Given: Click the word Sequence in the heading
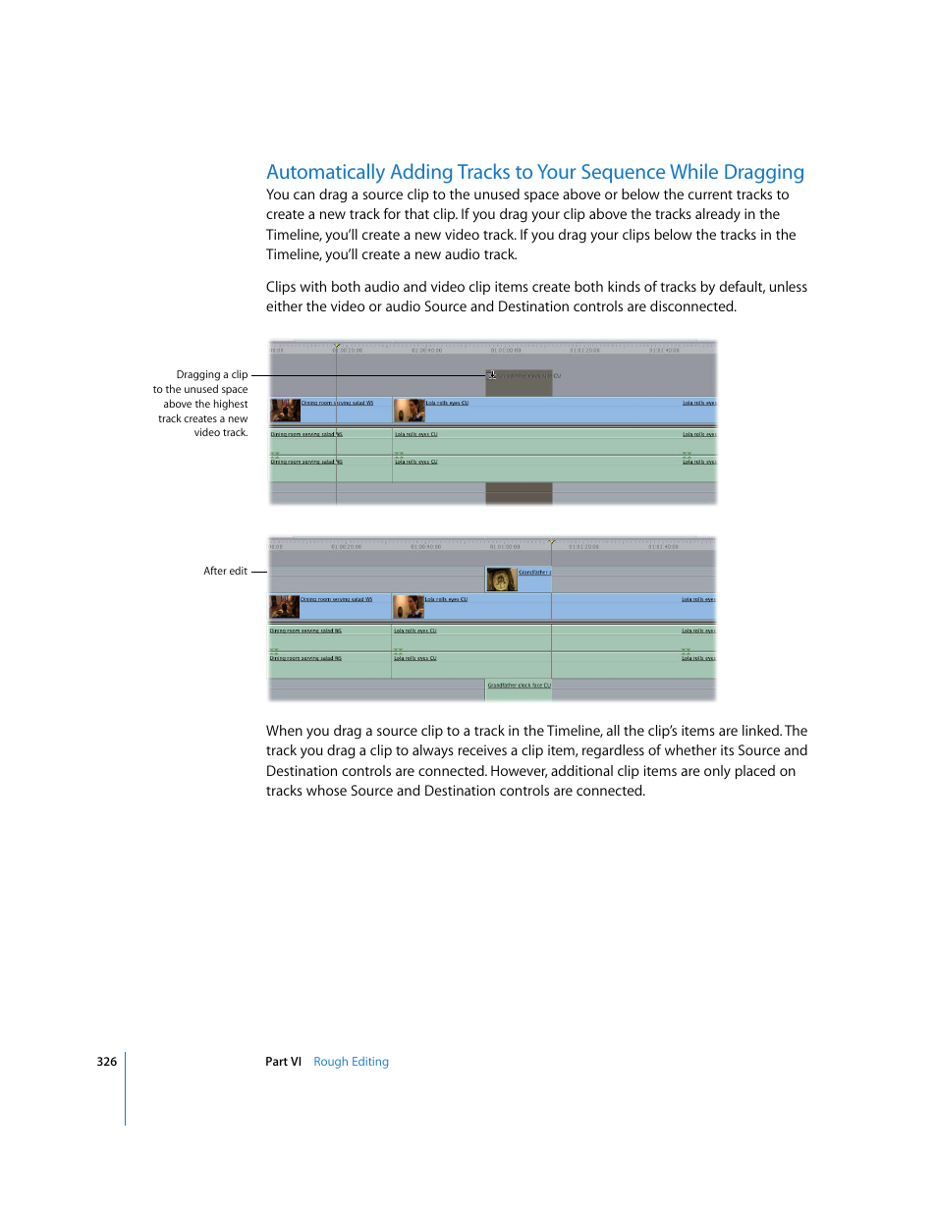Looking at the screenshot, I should point(623,173).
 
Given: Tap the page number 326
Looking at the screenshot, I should point(107,1062).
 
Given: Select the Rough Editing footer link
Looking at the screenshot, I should point(351,1062).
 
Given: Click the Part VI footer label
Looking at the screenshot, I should point(283,1062).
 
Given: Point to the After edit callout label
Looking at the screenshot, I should point(225,571).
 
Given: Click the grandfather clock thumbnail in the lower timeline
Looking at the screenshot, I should point(501,579).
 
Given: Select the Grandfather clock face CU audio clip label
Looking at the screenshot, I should point(519,686).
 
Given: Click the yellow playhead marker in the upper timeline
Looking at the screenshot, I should point(337,346).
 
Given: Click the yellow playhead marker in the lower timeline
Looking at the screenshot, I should point(552,542).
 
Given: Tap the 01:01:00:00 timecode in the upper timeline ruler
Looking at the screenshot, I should point(506,351).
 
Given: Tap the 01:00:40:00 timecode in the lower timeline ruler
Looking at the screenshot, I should point(425,547).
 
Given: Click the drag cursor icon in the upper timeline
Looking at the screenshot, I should point(492,375).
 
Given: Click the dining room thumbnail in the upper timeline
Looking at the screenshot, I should point(285,410).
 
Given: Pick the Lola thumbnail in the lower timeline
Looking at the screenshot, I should point(408,606).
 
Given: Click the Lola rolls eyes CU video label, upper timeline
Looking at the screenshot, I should point(447,403).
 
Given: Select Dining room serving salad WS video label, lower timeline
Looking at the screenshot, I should point(336,599).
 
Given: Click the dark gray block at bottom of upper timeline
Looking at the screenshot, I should point(519,493).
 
